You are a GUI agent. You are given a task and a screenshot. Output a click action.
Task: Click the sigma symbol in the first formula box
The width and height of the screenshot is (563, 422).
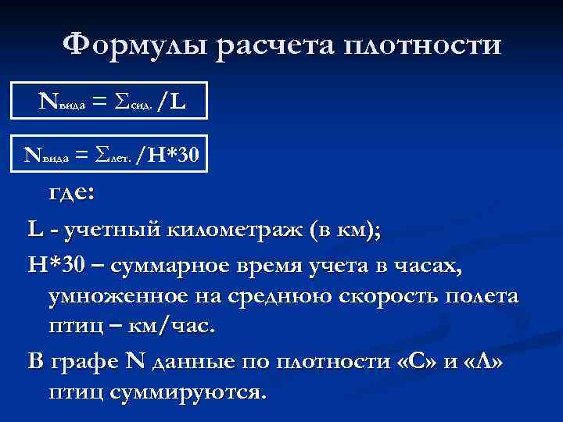pyautogui.click(x=120, y=100)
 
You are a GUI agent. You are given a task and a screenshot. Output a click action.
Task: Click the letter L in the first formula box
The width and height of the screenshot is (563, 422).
pyautogui.click(x=176, y=100)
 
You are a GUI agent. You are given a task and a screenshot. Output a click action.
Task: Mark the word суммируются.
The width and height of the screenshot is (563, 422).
pyautogui.click(x=186, y=390)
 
